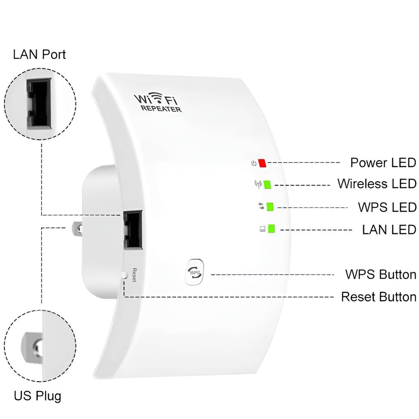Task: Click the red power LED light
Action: click(x=262, y=163)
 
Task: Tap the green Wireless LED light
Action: click(x=267, y=184)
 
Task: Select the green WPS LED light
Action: click(x=270, y=206)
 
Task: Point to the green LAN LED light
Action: click(x=271, y=229)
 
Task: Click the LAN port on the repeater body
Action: click(x=134, y=230)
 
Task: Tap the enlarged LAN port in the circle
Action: click(x=39, y=103)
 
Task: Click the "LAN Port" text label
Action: click(x=39, y=54)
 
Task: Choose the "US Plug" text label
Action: click(x=37, y=396)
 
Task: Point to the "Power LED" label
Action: click(x=383, y=163)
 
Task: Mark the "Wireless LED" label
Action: click(x=377, y=184)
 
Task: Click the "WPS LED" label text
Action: click(x=387, y=207)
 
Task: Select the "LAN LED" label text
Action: click(x=389, y=229)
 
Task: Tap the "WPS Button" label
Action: click(x=380, y=274)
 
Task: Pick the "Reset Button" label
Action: click(x=379, y=297)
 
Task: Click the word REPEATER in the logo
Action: click(x=161, y=109)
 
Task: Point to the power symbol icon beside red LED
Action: click(x=254, y=163)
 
